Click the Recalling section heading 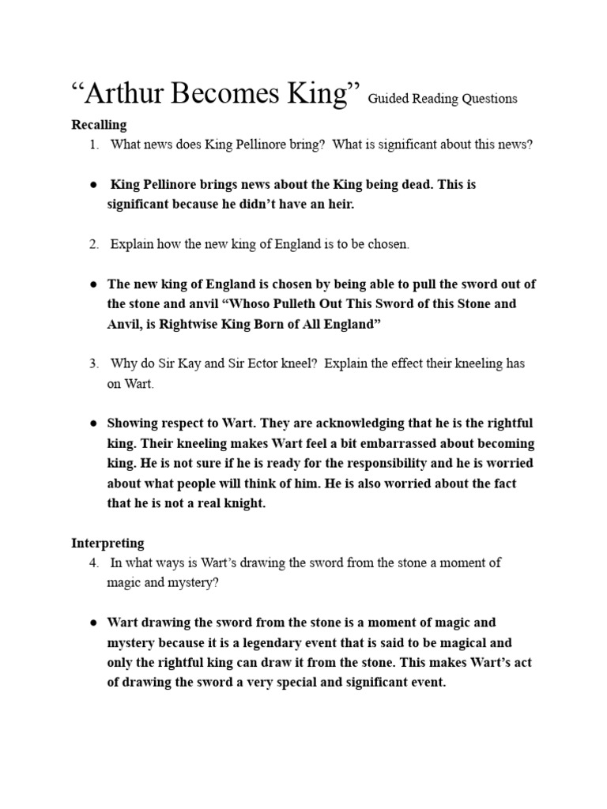(99, 125)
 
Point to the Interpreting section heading (107, 543)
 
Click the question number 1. (93, 145)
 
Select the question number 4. (93, 563)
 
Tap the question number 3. (93, 364)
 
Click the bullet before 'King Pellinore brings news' (93, 185)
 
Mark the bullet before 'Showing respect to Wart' (93, 424)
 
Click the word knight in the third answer (242, 503)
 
